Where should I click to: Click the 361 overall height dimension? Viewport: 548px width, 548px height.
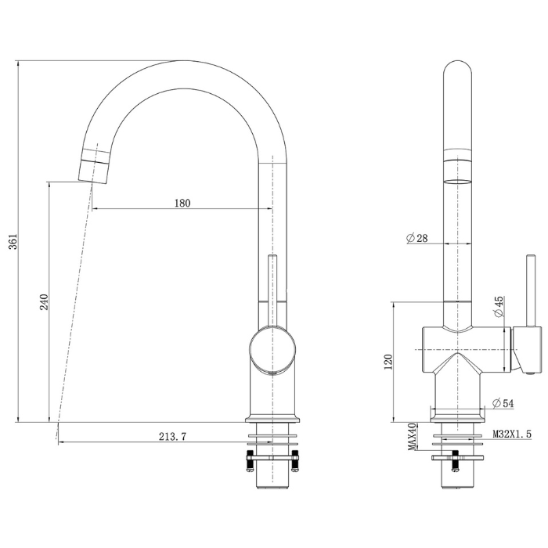(13, 241)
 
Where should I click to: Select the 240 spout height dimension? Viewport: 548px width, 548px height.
(44, 302)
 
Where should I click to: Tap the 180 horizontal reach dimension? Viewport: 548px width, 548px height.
(182, 203)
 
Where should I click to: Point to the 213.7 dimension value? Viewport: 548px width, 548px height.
(173, 437)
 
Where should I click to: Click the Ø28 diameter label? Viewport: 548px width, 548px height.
(417, 238)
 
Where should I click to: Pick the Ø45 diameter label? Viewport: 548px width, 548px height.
(499, 307)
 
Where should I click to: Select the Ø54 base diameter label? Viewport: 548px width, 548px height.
(503, 404)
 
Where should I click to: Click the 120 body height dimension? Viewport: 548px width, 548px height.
(388, 362)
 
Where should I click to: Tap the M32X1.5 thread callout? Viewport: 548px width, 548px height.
(512, 434)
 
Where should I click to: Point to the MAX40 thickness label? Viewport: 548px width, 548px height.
(413, 437)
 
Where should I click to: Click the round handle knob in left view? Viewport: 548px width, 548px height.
(272, 348)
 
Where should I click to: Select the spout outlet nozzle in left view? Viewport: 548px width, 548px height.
(94, 166)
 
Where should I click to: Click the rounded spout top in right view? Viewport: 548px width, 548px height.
(457, 70)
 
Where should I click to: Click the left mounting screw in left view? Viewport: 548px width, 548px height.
(250, 461)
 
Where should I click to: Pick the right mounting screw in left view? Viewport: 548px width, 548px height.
(295, 461)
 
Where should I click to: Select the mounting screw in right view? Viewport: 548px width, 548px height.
(456, 461)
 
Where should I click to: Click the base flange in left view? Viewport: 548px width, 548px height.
(272, 419)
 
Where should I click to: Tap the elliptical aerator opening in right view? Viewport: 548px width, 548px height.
(457, 182)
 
